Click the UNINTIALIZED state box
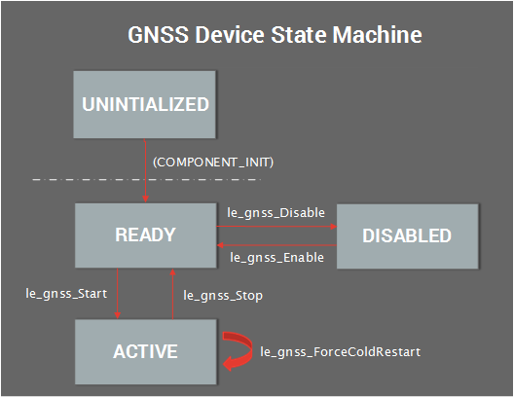click(145, 104)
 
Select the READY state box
click(145, 235)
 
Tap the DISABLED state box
click(407, 235)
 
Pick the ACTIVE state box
click(145, 350)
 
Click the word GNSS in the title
click(159, 36)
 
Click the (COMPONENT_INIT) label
click(213, 162)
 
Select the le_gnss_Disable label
click(275, 212)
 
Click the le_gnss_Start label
click(66, 291)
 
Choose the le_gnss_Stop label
click(223, 294)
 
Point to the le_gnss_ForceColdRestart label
click(340, 351)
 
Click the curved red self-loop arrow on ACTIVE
click(238, 350)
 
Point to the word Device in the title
click(251, 36)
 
